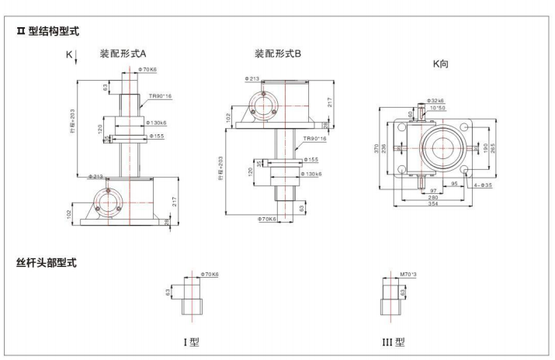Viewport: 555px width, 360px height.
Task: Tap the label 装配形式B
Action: [x=279, y=54]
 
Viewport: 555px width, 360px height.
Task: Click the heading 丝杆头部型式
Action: [x=51, y=262]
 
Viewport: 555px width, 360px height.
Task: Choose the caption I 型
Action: [x=189, y=341]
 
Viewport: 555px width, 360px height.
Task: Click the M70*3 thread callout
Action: [x=408, y=274]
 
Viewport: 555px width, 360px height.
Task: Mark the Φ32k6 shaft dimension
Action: [x=436, y=102]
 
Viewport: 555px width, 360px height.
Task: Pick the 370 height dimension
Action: [x=378, y=148]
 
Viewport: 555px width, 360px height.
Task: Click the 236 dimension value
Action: [x=387, y=148]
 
